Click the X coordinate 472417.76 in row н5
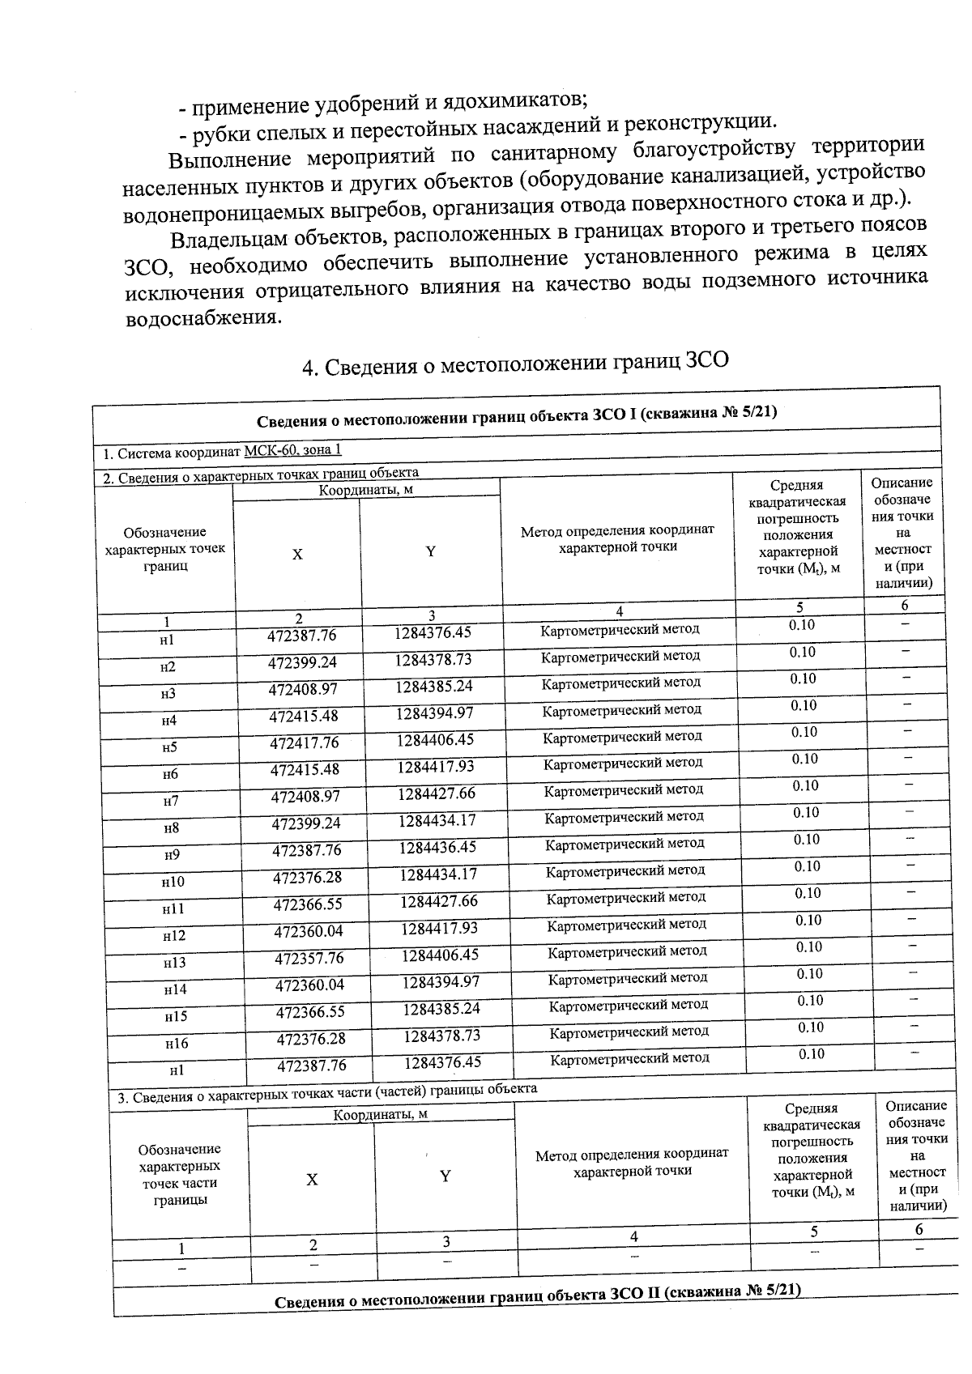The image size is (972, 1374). [304, 742]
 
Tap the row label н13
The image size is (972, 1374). [174, 963]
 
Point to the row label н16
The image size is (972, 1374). [176, 1044]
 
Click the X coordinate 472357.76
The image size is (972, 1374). [309, 959]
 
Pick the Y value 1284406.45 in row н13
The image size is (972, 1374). [440, 955]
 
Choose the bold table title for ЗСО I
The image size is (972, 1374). [517, 415]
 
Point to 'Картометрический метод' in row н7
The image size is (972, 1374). [623, 790]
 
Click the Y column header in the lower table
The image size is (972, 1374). [445, 1176]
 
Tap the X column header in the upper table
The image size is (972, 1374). [297, 554]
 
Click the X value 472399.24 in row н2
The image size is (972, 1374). [303, 662]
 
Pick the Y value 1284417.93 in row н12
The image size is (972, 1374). [439, 928]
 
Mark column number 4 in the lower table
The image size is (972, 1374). [633, 1236]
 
